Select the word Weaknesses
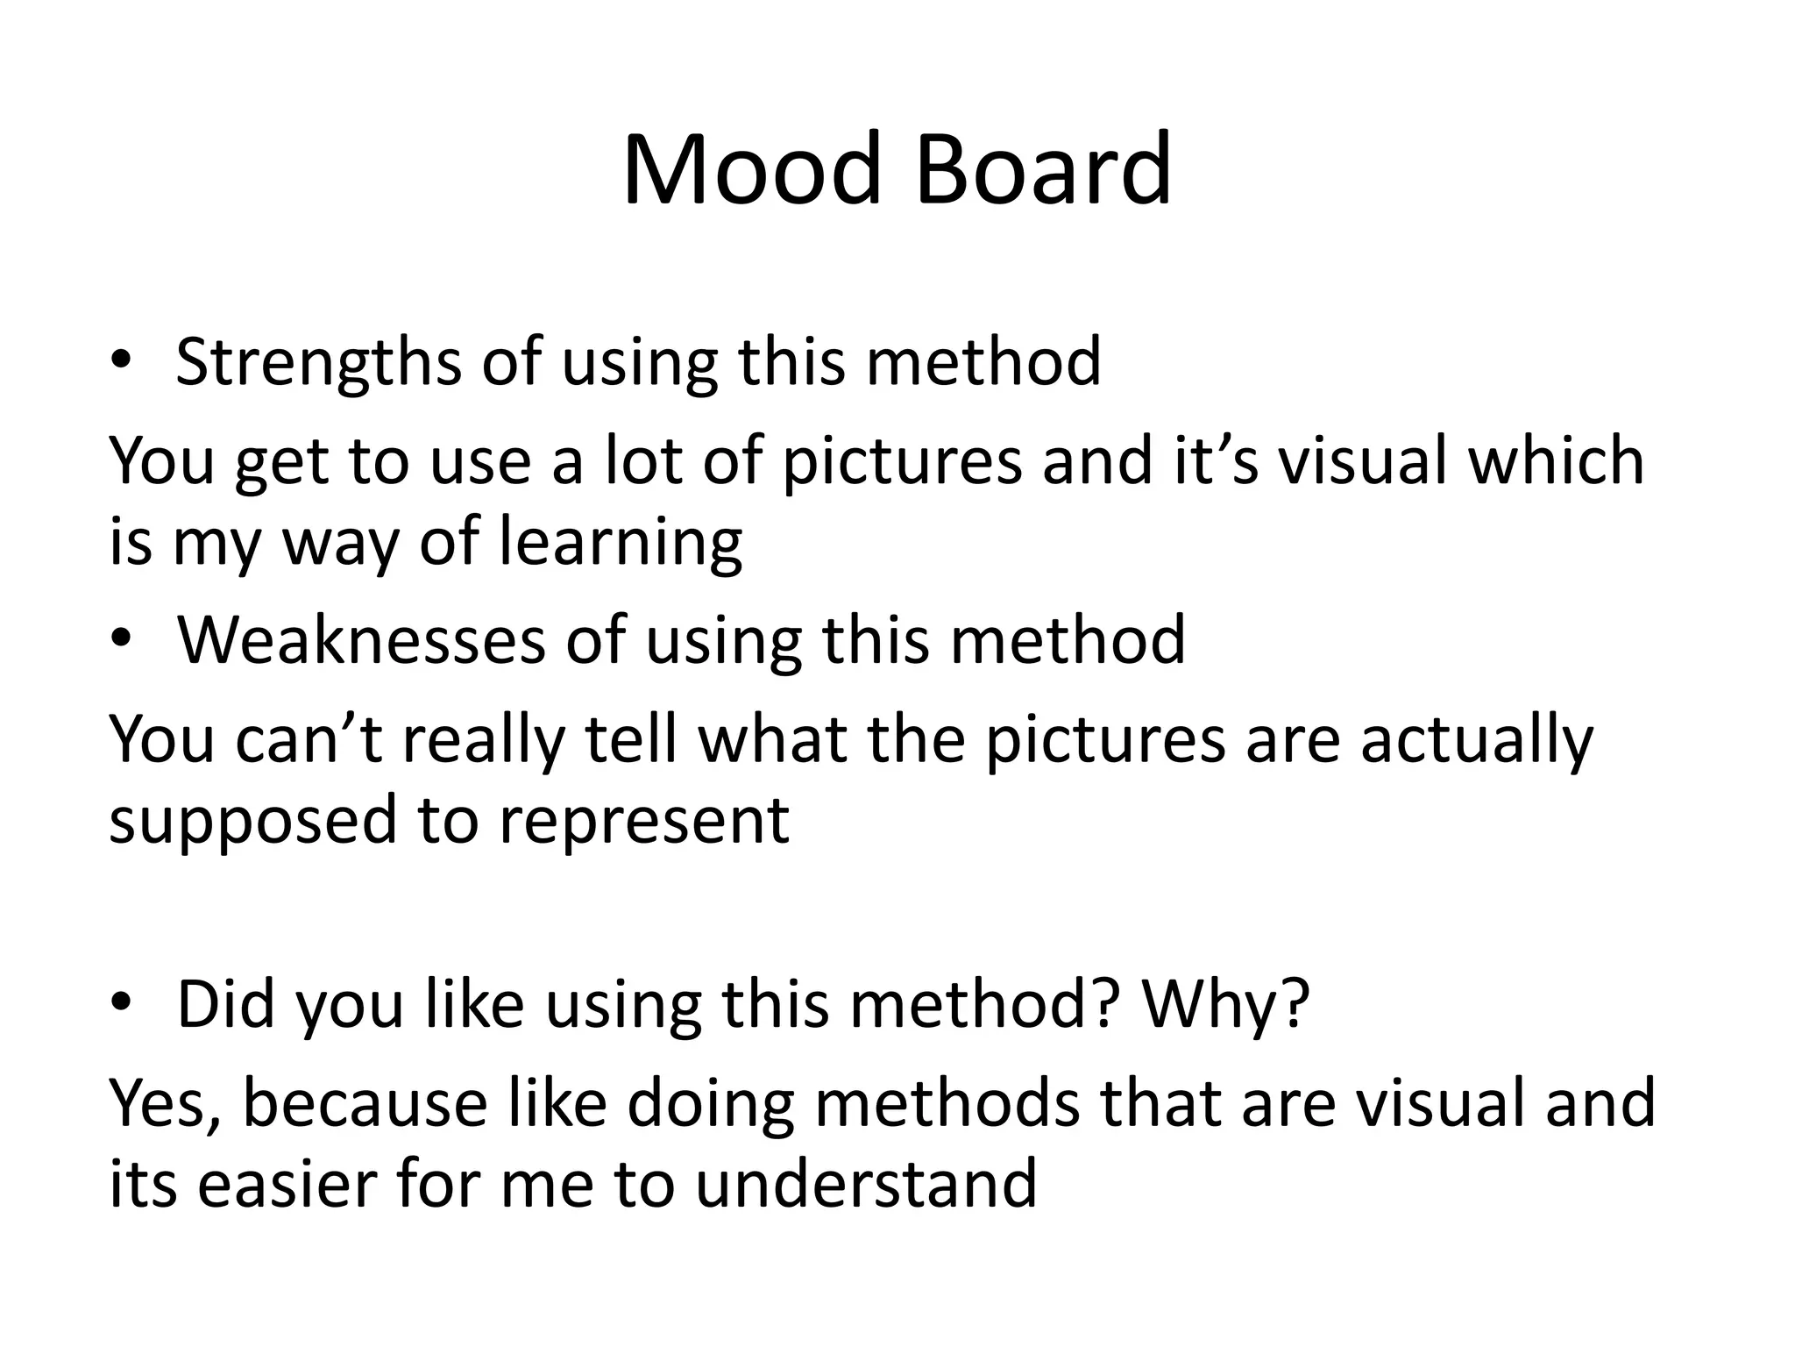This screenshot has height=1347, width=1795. [x=361, y=640]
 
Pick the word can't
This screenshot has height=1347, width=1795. [x=309, y=739]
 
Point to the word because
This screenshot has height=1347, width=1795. [x=365, y=1104]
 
